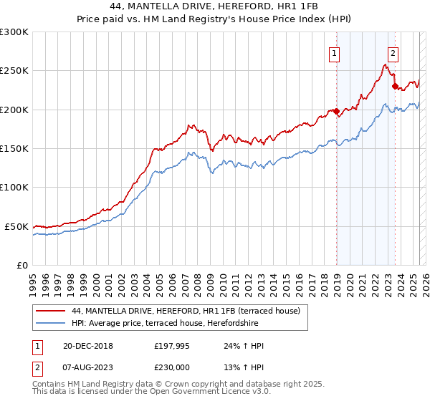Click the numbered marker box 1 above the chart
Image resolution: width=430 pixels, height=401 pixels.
pos(335,52)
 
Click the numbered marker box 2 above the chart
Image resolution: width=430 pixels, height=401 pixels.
pos(393,52)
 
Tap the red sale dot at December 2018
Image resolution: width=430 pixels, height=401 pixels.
pos(336,111)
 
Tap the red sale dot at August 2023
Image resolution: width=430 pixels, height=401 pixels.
pos(395,87)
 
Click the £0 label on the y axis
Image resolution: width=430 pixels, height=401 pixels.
pos(21,265)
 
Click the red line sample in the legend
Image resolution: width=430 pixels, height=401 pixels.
pos(51,311)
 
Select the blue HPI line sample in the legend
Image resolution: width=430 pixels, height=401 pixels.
pos(51,323)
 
